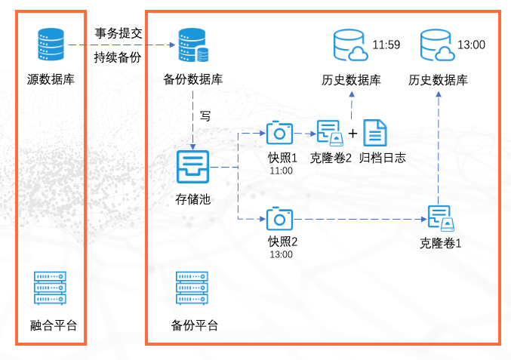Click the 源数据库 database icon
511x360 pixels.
click(x=51, y=44)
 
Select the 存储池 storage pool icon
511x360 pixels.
click(x=192, y=167)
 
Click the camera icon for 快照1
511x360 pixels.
click(x=279, y=133)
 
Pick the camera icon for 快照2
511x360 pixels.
click(x=279, y=219)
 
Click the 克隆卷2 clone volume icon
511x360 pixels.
click(x=330, y=133)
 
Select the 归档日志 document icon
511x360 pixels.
click(x=375, y=133)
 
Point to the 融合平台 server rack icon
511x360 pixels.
click(x=51, y=288)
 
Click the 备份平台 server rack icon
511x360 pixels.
click(x=193, y=288)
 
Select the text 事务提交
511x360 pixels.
click(x=119, y=33)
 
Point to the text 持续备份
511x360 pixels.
click(x=119, y=57)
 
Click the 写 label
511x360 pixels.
click(x=205, y=116)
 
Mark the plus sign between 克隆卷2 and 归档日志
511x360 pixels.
click(x=352, y=134)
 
